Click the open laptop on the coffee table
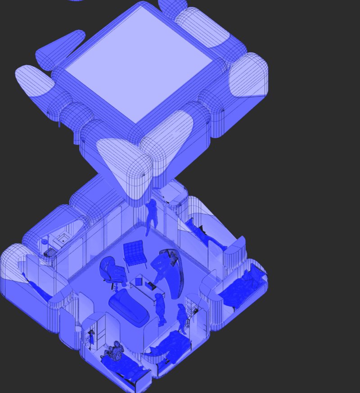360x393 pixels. point(149,285)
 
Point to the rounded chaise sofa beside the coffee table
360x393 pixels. point(128,306)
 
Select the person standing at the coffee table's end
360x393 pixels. point(160,308)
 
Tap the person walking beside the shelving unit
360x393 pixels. point(181,317)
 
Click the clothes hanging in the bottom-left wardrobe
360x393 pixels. point(91,335)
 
